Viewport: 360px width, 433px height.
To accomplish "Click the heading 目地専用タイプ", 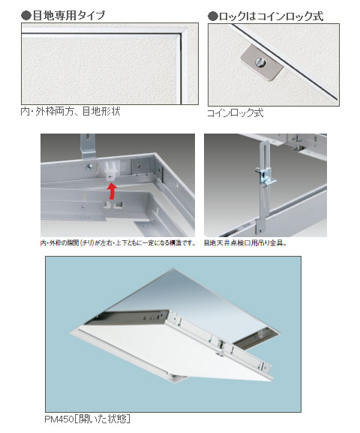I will [x=68, y=14].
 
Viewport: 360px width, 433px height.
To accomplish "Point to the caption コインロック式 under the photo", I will [x=235, y=114].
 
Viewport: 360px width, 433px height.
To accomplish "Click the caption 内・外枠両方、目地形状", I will [x=70, y=111].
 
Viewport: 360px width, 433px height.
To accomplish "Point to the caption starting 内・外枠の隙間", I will [x=116, y=243].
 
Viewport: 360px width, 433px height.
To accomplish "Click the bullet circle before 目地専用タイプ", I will [x=25, y=14].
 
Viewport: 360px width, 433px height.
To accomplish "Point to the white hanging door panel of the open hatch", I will [x=135, y=353].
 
